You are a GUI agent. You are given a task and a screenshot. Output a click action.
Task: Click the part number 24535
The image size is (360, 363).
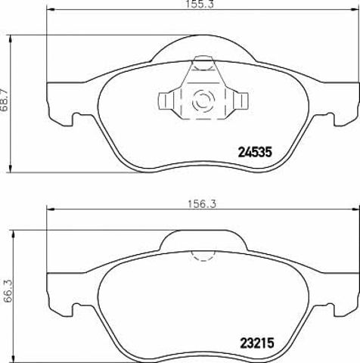point(255,152)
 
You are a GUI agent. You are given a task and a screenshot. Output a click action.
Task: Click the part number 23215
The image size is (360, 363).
point(257,343)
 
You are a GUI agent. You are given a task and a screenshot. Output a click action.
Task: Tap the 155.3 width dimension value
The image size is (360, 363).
point(199,5)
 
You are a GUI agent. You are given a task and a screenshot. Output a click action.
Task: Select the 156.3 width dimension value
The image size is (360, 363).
point(202,203)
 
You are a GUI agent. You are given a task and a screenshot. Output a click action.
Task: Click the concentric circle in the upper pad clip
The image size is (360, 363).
point(203,101)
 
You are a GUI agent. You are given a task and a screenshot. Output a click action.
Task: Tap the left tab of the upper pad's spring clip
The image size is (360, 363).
point(166,101)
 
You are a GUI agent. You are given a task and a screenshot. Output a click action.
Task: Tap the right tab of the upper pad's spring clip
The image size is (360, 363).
point(241,101)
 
